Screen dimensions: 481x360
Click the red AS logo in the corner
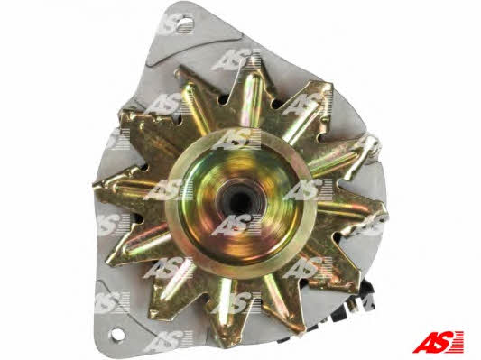click(x=438, y=342)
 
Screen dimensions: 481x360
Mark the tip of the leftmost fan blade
click(x=96, y=185)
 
